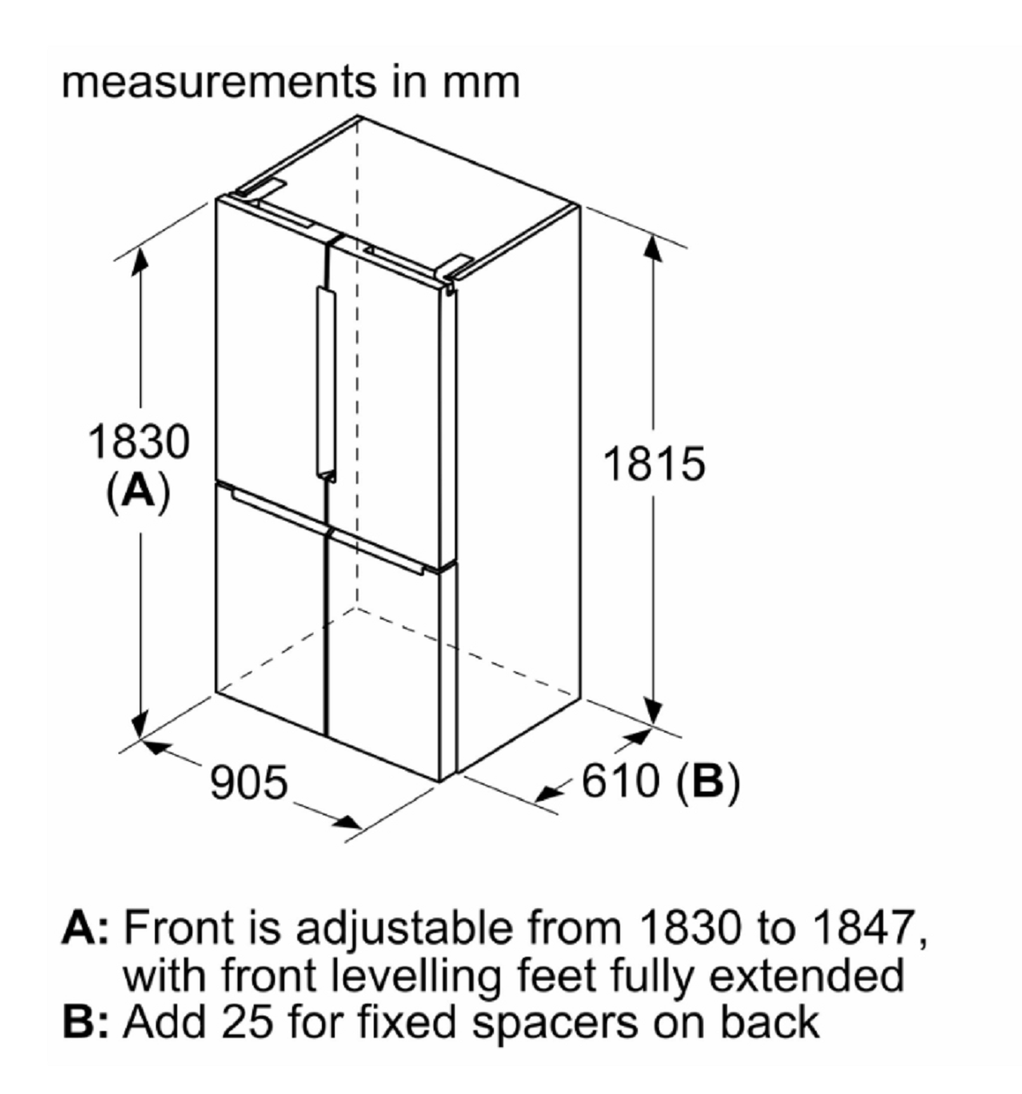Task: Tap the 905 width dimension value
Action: [249, 781]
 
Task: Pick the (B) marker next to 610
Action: [708, 781]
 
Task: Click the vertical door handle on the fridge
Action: [326, 384]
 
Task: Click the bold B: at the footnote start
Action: [86, 1022]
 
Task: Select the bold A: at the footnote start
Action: [86, 929]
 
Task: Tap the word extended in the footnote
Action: [807, 976]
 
